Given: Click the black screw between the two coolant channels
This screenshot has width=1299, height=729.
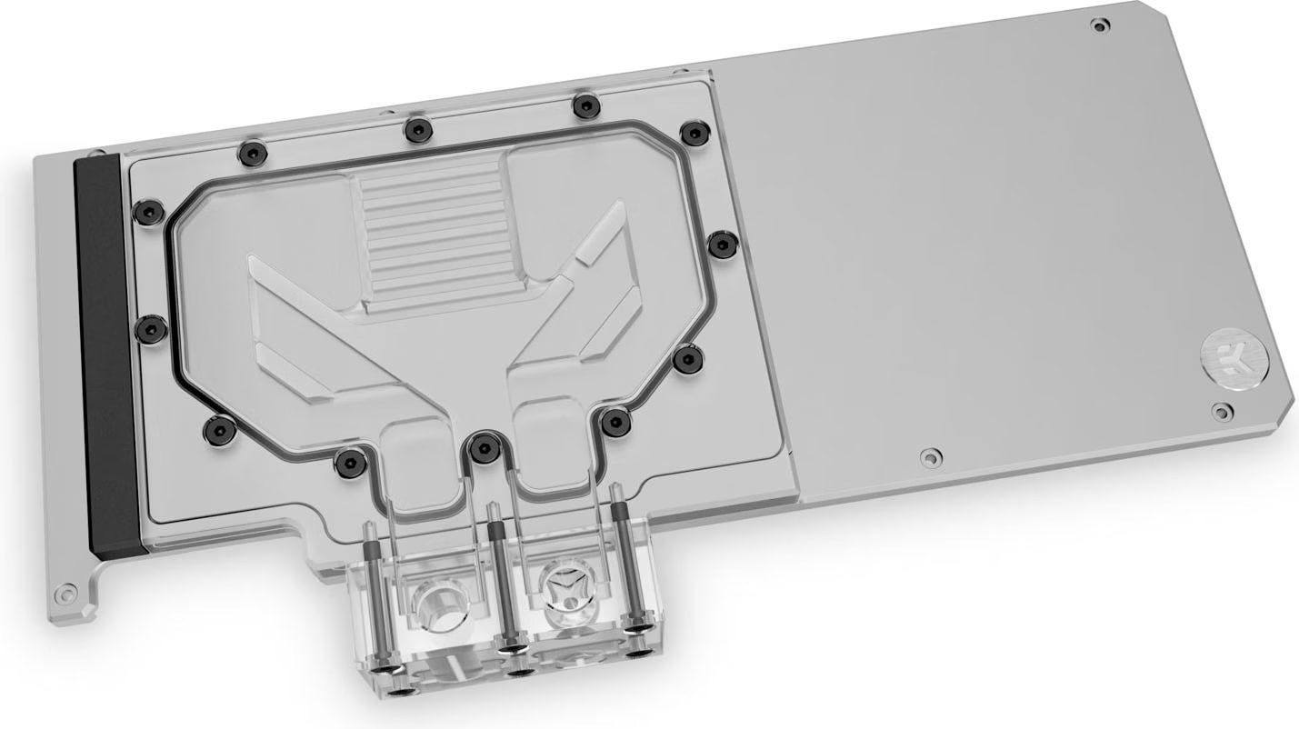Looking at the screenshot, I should tap(479, 445).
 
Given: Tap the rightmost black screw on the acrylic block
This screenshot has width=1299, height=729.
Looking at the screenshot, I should tap(722, 243).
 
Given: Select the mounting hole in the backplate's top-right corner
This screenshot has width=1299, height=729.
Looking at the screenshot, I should tap(1101, 25).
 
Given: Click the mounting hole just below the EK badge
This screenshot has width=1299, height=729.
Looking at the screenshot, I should tap(1220, 410).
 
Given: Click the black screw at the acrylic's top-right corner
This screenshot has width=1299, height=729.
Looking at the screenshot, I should tap(694, 134).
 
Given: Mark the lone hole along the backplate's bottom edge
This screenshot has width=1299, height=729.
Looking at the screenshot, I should tap(928, 456).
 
